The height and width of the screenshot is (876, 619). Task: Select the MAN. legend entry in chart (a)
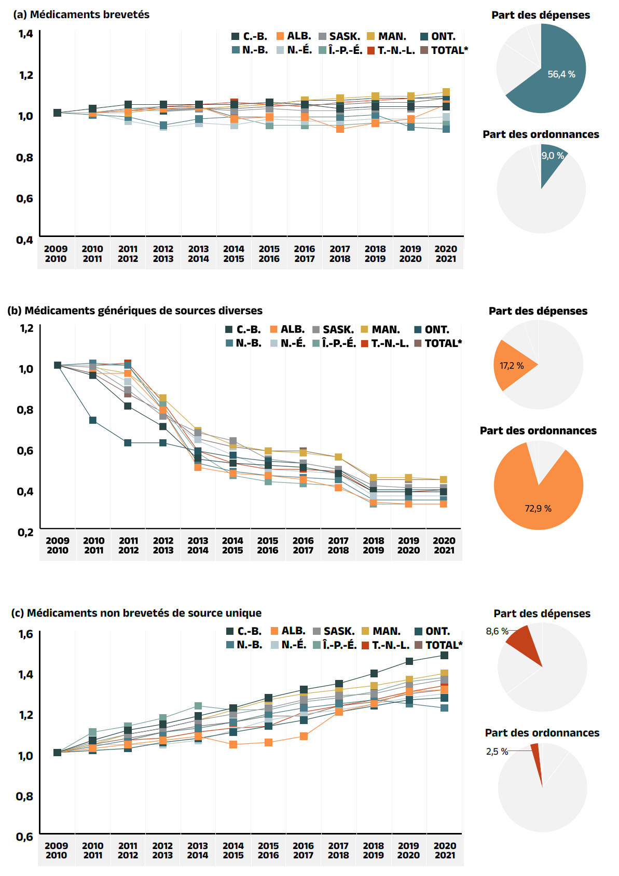tap(386, 36)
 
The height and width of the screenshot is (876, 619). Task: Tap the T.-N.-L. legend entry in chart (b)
tap(384, 343)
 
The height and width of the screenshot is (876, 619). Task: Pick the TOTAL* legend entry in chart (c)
tap(438, 645)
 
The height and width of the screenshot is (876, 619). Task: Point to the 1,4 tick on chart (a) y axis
tap(25, 34)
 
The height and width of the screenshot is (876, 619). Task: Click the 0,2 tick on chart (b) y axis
tap(25, 532)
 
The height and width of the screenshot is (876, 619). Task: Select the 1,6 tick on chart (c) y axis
tap(25, 634)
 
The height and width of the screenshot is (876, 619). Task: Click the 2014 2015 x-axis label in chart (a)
tap(233, 254)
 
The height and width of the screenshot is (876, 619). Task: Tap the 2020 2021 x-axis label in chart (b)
tap(444, 545)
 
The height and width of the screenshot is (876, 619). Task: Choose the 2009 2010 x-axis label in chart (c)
tap(56, 850)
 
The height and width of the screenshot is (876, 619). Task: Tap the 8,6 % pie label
tap(497, 631)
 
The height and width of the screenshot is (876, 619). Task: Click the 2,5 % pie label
tap(497, 752)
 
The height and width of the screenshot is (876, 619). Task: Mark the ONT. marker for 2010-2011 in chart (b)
tap(92, 420)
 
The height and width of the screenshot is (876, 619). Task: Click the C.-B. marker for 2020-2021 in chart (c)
tap(444, 655)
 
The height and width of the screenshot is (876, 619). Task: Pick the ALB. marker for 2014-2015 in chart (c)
tap(233, 744)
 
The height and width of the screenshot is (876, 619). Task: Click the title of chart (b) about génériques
tap(135, 311)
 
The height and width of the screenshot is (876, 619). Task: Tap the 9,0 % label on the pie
tap(553, 156)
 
